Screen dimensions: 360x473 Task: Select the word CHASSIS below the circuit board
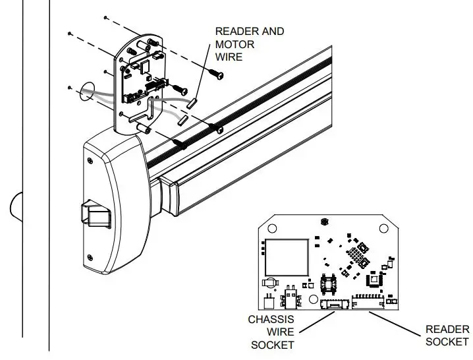[x=270, y=320]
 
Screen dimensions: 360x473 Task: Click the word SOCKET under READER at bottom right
[x=447, y=342]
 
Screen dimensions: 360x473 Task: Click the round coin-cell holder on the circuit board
[x=269, y=283]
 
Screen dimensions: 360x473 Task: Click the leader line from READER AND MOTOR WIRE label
[x=206, y=80]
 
